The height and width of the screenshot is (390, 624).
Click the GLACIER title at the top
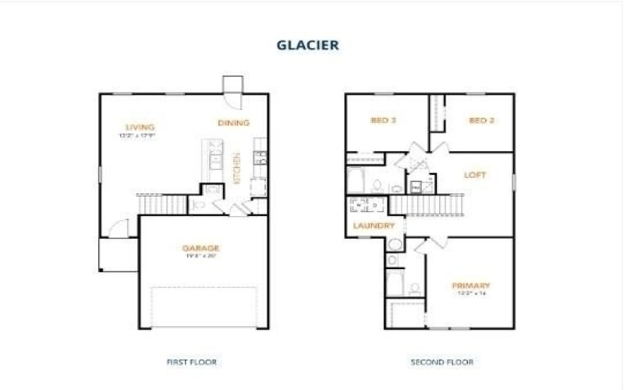(x=307, y=45)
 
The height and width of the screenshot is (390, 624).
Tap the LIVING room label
(x=140, y=126)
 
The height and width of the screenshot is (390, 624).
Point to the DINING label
(x=233, y=122)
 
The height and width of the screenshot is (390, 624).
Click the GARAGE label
(x=201, y=248)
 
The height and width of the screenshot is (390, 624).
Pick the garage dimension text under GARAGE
(x=201, y=256)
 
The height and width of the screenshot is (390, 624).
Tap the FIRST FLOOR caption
(x=192, y=362)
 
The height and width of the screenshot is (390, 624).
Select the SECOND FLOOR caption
(x=442, y=362)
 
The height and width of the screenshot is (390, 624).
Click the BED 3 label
(x=383, y=121)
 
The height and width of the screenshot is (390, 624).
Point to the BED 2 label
(x=481, y=121)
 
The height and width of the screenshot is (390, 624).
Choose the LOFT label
(x=475, y=175)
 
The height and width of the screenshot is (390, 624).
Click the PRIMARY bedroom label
(x=470, y=285)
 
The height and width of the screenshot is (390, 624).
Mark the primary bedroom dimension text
(x=470, y=294)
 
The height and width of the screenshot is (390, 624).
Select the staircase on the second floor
(x=427, y=204)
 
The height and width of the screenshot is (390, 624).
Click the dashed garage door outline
(x=204, y=307)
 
